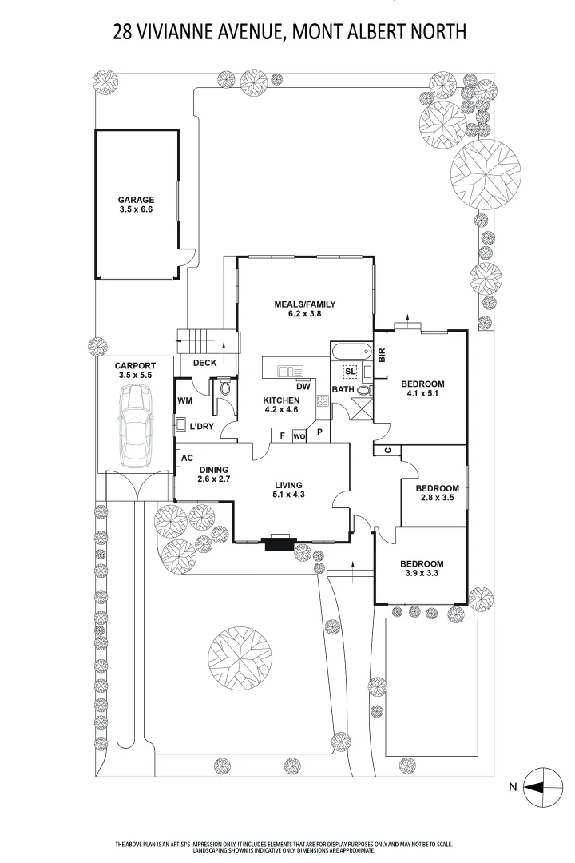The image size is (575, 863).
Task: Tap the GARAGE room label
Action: [136, 200]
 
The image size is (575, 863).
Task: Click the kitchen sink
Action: [290, 371]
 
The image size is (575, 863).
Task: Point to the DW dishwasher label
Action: [303, 387]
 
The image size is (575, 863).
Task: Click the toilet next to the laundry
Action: [224, 388]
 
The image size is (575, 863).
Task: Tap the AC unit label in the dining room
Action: [187, 458]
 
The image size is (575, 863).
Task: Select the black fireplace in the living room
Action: [280, 543]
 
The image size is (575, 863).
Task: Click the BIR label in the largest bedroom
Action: [382, 355]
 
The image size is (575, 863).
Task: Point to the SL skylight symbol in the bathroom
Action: [351, 372]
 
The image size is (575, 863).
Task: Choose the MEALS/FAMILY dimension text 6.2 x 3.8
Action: [305, 314]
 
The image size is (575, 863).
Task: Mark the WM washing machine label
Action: [185, 400]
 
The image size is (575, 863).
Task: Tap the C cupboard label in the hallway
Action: [387, 450]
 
